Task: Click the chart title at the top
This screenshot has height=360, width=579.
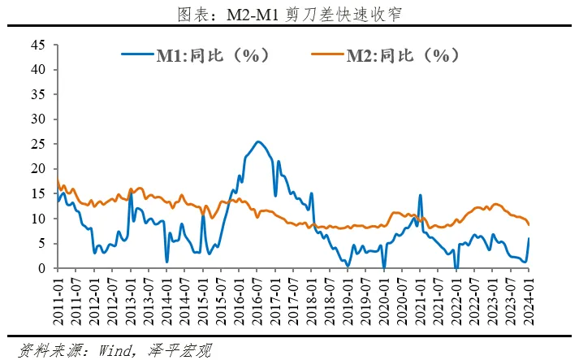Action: click(x=290, y=15)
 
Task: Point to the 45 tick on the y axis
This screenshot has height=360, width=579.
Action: click(x=37, y=44)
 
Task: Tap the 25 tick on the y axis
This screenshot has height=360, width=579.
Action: click(x=37, y=144)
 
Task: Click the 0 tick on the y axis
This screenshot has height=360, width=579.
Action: click(x=41, y=268)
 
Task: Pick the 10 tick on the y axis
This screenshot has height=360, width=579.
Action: click(x=37, y=219)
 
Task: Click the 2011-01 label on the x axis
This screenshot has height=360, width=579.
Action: click(x=58, y=301)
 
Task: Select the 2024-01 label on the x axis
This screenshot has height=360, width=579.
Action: click(x=529, y=301)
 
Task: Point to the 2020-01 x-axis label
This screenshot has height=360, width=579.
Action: click(x=384, y=301)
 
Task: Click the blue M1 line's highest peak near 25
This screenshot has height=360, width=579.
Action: click(x=257, y=141)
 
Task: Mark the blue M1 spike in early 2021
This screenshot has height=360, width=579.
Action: click(x=420, y=195)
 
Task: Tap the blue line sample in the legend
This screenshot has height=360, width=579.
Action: click(x=138, y=55)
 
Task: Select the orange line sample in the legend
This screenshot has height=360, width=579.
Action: click(x=328, y=55)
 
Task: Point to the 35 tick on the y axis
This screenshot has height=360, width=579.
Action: click(x=37, y=94)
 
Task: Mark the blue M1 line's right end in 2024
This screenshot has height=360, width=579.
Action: click(x=529, y=238)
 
